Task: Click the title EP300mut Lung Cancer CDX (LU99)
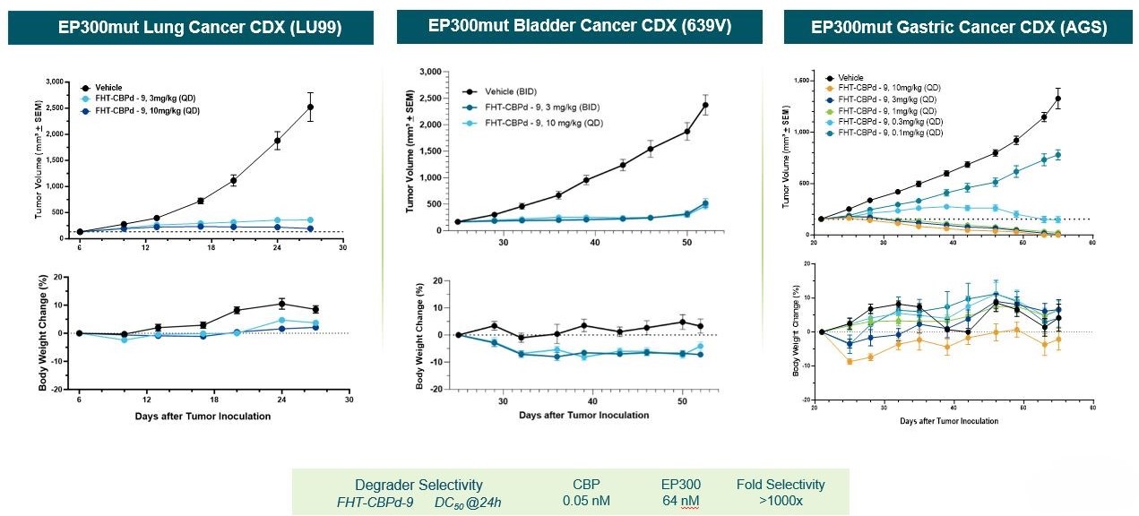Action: coord(190,28)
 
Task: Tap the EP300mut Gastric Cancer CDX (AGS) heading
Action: coord(959,28)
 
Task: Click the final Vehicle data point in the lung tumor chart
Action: coord(310,107)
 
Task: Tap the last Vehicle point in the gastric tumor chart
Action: coord(1058,99)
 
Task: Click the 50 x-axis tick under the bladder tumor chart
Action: coord(686,243)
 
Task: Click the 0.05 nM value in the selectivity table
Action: coord(587,501)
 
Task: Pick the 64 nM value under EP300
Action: coord(677,501)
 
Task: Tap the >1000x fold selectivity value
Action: coord(780,501)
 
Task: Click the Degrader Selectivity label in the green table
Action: coord(418,485)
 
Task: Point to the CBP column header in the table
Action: coord(587,485)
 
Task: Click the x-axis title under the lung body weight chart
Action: coord(203,416)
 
